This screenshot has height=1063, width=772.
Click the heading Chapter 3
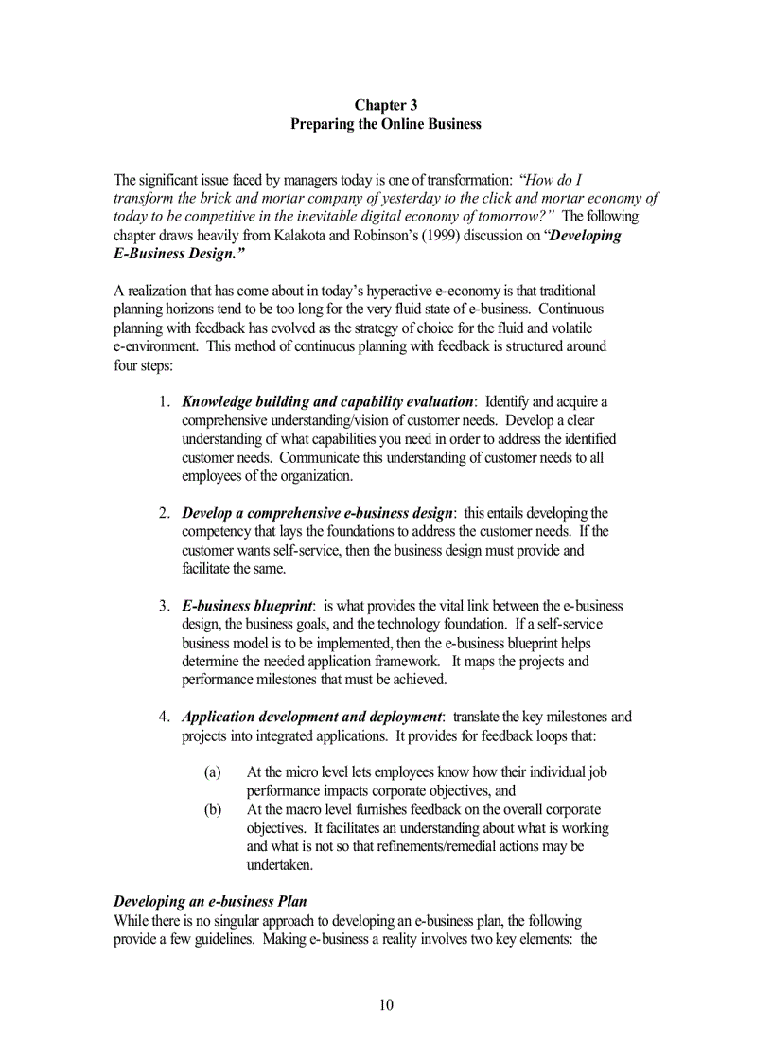pos(385,105)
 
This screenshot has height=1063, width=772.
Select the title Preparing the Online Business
pos(385,124)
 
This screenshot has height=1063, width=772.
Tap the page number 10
pos(386,1004)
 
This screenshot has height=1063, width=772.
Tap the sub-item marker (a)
pos(213,772)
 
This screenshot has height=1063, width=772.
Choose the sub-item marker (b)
pos(213,809)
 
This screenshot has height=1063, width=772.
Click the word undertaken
pos(279,865)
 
